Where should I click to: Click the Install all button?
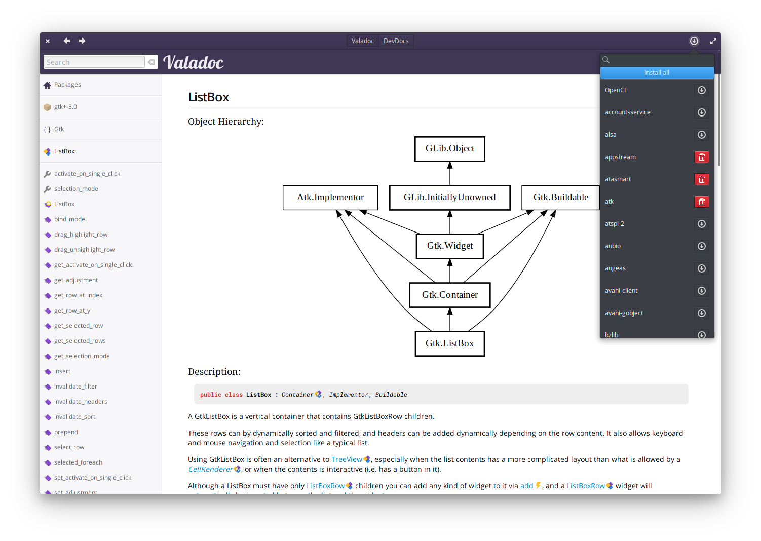[657, 73]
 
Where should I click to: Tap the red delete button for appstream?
[701, 157]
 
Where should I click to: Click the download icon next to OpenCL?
[701, 90]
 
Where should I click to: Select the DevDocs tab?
[396, 41]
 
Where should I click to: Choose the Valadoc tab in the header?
[362, 41]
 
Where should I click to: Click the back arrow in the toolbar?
[66, 41]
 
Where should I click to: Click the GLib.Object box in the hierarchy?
[449, 149]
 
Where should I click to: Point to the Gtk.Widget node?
[449, 246]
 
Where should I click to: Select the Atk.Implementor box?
[330, 198]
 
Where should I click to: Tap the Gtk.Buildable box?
[560, 198]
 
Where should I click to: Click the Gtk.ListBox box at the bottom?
[449, 344]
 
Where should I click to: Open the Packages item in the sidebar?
[67, 85]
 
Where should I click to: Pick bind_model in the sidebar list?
[70, 219]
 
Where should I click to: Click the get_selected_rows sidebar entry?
[80, 341]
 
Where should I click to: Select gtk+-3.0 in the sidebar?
[65, 107]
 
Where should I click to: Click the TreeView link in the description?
[347, 459]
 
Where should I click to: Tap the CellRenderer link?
[210, 469]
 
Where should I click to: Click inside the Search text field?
[94, 62]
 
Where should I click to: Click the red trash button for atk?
[701, 202]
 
